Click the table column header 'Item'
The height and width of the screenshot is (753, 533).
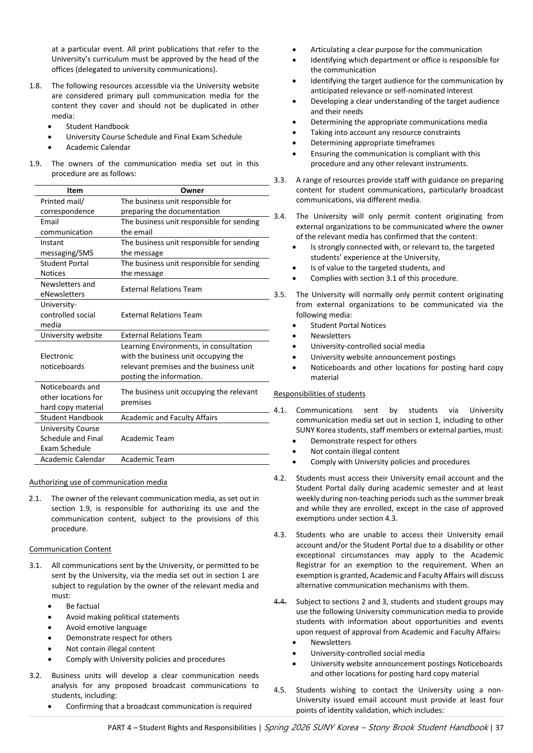(75, 190)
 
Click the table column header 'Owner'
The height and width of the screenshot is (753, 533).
(192, 190)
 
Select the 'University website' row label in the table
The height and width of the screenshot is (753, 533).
(71, 335)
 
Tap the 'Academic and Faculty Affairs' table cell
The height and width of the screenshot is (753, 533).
(169, 418)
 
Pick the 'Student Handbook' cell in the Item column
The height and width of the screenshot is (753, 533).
(72, 418)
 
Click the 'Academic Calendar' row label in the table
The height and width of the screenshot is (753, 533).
(72, 459)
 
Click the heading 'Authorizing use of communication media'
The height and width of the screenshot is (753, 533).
(98, 482)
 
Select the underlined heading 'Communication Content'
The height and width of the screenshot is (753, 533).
(70, 549)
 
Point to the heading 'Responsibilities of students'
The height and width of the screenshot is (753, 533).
(319, 394)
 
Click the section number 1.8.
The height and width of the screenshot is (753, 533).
(35, 86)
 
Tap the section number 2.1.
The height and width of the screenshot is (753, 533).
(35, 499)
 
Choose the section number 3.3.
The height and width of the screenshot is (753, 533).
(280, 180)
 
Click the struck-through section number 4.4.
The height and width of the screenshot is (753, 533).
(280, 602)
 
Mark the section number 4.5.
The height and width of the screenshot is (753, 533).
(280, 690)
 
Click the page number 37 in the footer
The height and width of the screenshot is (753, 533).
(499, 728)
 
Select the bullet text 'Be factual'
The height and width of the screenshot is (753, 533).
(82, 606)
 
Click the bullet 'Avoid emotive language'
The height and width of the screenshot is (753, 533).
(106, 627)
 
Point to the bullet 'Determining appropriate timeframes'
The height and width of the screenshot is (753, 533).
(372, 143)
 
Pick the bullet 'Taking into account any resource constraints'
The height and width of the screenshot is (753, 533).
(385, 132)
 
